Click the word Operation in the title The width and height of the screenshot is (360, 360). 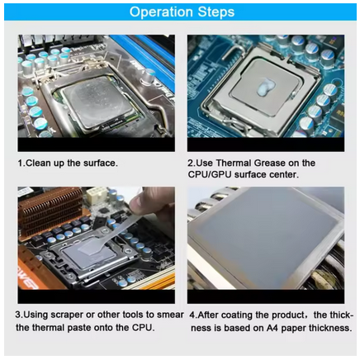(x=161, y=12)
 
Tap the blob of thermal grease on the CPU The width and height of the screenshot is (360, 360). (x=264, y=87)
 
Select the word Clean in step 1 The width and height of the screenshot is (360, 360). (x=36, y=163)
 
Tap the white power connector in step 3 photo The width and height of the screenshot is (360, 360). (x=97, y=195)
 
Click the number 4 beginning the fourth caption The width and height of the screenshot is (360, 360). (x=192, y=315)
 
